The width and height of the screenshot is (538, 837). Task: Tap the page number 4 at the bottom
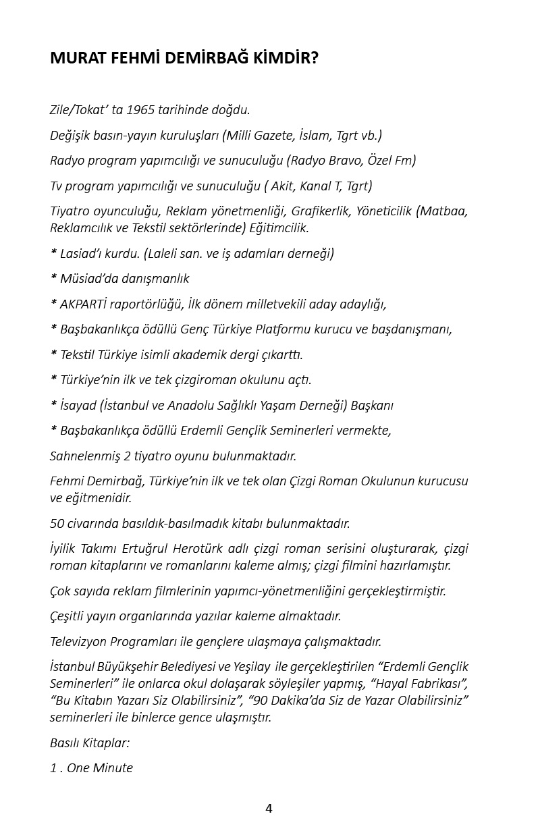click(x=269, y=808)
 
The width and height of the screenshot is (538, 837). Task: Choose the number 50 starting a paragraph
click(x=57, y=523)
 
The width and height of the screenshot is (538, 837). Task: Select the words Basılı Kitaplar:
click(x=90, y=742)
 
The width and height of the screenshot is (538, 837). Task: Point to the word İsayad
click(x=77, y=405)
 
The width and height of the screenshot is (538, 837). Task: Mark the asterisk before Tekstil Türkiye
click(x=53, y=354)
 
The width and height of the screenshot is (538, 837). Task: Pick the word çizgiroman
click(x=233, y=379)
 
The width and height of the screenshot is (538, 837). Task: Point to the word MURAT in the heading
click(x=73, y=59)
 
